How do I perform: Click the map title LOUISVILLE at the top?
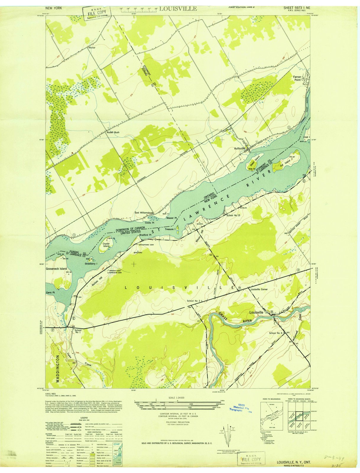(x=178, y=9)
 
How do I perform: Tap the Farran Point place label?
(x=297, y=78)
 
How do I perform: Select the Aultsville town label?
(x=240, y=148)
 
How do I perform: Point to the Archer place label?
(x=92, y=47)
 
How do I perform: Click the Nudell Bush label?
(x=113, y=132)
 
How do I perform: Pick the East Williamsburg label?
(x=143, y=213)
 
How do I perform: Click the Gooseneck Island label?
(x=56, y=269)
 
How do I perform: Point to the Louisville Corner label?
(x=259, y=289)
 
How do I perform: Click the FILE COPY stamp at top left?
(x=96, y=13)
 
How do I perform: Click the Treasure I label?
(x=171, y=229)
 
